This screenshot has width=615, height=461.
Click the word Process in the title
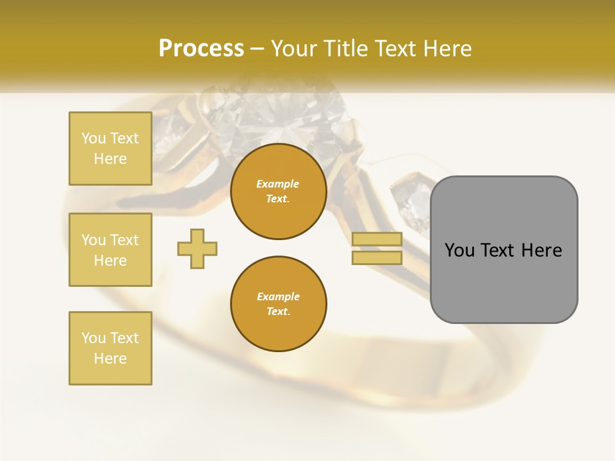pos(201,49)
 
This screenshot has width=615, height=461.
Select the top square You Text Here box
pos(110,149)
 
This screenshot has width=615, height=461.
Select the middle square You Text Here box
pos(110,250)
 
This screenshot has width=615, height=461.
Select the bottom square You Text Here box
pos(110,348)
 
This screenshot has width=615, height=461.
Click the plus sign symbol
pos(197,248)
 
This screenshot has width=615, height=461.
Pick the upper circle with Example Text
pos(278,191)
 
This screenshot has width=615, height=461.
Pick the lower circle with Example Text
pos(278,304)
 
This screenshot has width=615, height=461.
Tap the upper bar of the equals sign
pos(377,239)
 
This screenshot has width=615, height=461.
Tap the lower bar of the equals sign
pos(377,258)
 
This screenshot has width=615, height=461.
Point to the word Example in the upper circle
pos(278,184)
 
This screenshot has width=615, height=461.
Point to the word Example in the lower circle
pos(278,296)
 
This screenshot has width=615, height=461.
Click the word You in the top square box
pos(94,138)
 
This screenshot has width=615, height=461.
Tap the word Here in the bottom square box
pos(110,359)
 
